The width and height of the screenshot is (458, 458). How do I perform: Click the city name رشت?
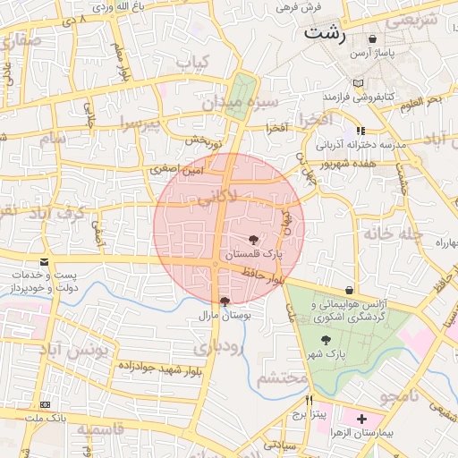pyautogui.click(x=324, y=34)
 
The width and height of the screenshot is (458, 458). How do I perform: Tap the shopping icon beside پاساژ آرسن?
pyautogui.click(x=372, y=39)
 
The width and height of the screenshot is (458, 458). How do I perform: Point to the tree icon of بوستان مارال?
pyautogui.click(x=224, y=301)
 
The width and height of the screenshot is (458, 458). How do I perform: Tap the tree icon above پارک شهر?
pyautogui.click(x=325, y=340)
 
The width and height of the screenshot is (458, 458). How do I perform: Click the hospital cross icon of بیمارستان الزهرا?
pyautogui.click(x=361, y=419)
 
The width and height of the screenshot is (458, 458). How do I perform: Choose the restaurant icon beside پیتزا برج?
pyautogui.click(x=310, y=401)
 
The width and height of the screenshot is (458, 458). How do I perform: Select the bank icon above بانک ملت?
pyautogui.click(x=45, y=404)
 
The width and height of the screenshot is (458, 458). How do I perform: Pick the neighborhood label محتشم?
pyautogui.click(x=282, y=378)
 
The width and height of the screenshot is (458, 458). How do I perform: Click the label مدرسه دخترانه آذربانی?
pyautogui.click(x=365, y=143)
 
